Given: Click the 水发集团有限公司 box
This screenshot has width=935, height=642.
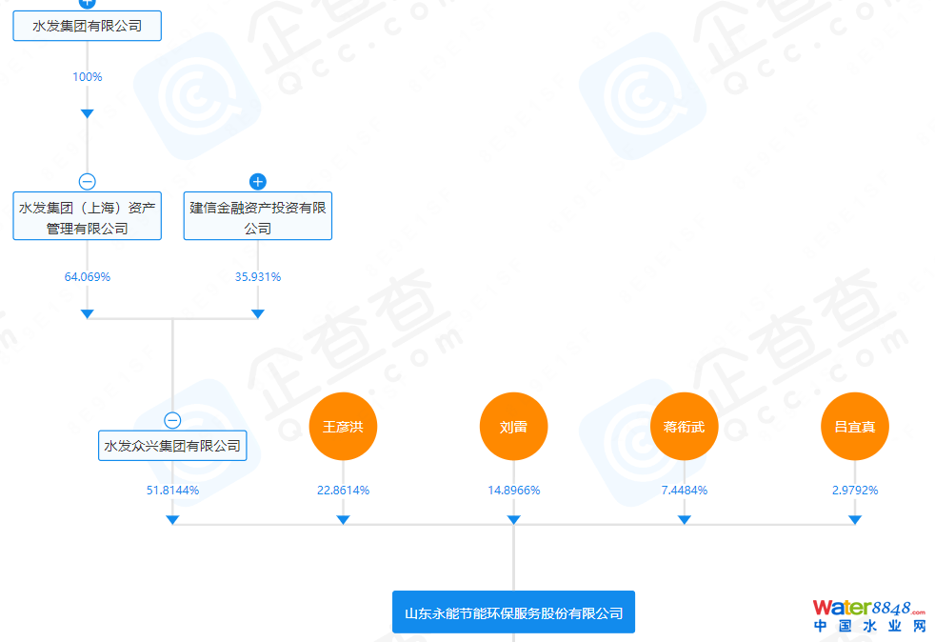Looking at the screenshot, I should click(x=87, y=26).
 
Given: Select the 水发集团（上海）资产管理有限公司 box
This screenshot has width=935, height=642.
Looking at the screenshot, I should click(x=87, y=217).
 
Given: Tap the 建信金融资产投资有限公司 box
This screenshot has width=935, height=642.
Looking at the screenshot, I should click(x=257, y=217).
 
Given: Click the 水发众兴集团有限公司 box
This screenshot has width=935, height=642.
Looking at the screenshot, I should click(x=172, y=445).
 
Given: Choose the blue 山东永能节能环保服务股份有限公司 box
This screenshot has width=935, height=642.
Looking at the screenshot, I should click(x=513, y=612).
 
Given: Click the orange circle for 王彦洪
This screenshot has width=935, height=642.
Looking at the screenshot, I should click(x=343, y=426).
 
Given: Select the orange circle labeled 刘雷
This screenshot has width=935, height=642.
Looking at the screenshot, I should click(x=513, y=426).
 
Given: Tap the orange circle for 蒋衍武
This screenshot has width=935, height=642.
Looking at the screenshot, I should click(x=684, y=426).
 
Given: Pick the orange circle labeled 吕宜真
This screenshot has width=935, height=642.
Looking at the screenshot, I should click(x=854, y=426).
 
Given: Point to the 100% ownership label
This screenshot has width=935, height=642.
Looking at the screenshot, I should click(x=87, y=76).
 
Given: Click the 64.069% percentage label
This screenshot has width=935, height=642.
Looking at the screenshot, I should click(x=87, y=277).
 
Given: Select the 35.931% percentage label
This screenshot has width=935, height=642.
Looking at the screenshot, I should click(x=257, y=277).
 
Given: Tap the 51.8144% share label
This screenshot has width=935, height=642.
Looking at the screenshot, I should click(x=172, y=491).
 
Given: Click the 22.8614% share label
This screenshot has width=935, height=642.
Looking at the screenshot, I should click(x=343, y=491).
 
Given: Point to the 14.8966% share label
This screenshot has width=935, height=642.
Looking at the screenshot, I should click(x=513, y=491).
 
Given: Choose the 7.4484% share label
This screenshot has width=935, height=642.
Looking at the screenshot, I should click(x=684, y=491).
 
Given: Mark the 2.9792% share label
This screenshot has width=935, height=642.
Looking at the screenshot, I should click(x=854, y=491).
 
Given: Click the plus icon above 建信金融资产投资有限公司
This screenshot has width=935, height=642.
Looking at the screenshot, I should click(x=257, y=181).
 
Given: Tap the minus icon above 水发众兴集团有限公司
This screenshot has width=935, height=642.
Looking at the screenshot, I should click(x=172, y=420).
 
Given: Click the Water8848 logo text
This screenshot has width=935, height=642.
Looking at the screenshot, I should click(x=868, y=608).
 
